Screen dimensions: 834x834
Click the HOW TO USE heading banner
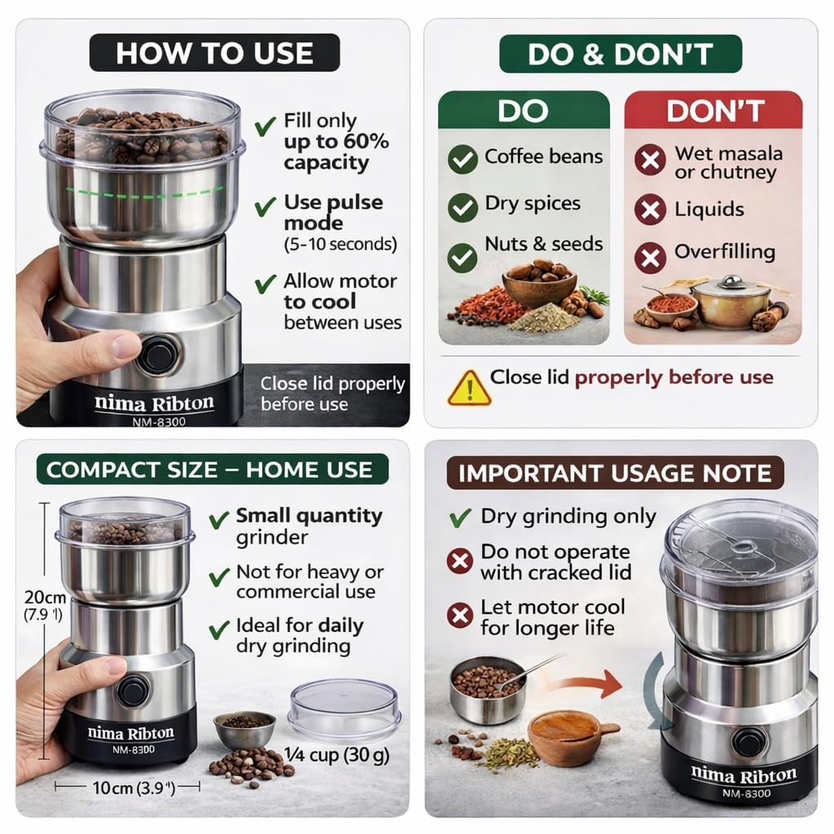[x=213, y=53]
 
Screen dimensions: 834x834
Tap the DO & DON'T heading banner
[x=620, y=54]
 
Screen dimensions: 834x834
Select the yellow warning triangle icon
[x=469, y=388]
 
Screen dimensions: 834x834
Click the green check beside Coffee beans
[x=463, y=159]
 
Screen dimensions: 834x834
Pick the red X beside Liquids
[x=649, y=210]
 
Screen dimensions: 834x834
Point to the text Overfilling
[x=724, y=252]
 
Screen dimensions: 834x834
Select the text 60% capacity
[x=336, y=151]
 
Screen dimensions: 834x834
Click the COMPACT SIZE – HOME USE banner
[x=209, y=470]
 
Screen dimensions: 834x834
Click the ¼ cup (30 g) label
[x=337, y=755]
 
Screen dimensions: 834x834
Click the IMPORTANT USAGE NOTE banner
[x=614, y=474]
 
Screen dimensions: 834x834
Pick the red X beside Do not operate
[x=460, y=561]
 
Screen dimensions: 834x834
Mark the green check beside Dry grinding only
[x=460, y=517]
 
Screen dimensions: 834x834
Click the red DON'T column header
[x=713, y=110]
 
